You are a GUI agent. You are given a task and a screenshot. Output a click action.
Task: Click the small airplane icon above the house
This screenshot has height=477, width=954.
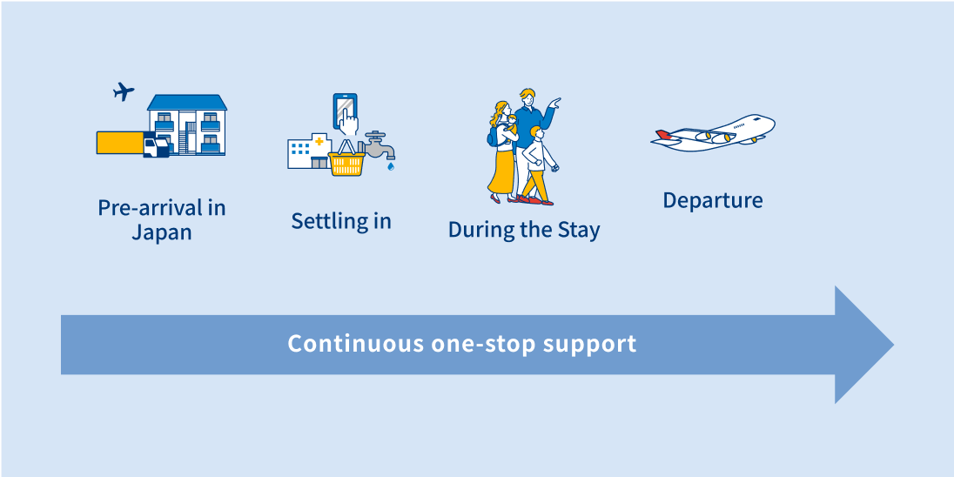(x=124, y=91)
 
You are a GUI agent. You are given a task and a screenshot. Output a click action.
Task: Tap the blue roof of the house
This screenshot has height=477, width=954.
(x=187, y=102)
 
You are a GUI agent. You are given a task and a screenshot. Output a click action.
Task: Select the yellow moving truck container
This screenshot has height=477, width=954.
(x=120, y=143)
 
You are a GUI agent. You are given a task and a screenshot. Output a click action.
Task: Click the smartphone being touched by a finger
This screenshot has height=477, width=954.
(x=345, y=111)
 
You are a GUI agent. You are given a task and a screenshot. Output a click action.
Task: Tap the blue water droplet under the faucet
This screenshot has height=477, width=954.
(x=391, y=165)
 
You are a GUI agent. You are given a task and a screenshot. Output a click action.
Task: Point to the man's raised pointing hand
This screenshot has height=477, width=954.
(x=554, y=103)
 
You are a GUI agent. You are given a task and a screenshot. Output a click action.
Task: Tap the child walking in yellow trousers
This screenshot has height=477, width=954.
(x=536, y=165)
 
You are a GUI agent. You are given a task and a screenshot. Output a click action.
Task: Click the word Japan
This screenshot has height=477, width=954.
(x=162, y=233)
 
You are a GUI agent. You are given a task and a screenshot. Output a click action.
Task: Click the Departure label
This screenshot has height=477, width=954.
(x=713, y=200)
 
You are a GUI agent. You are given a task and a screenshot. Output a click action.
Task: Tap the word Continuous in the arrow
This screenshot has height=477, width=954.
(x=356, y=344)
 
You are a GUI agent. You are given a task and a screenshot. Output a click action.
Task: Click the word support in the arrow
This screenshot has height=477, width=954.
(x=589, y=345)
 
